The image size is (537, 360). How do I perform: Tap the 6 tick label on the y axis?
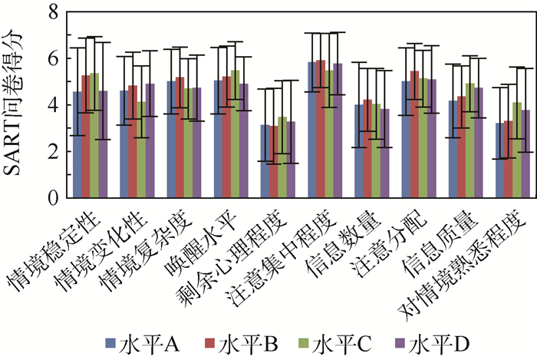click(x=51, y=58)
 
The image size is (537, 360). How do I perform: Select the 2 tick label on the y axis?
click(x=51, y=151)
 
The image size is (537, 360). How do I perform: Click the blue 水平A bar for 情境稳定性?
click(x=77, y=145)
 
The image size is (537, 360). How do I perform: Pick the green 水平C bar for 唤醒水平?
click(x=235, y=134)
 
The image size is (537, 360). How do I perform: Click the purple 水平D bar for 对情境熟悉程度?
click(x=526, y=154)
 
